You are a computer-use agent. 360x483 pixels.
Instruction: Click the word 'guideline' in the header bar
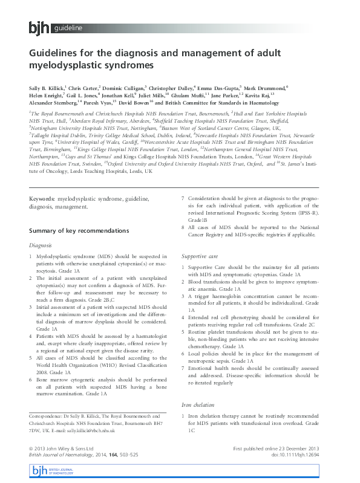point(68,28)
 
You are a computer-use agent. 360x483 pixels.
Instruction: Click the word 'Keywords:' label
point(42,198)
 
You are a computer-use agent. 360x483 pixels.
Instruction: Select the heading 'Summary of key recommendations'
point(79,230)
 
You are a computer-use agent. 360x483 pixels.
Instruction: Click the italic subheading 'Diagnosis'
point(41,245)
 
